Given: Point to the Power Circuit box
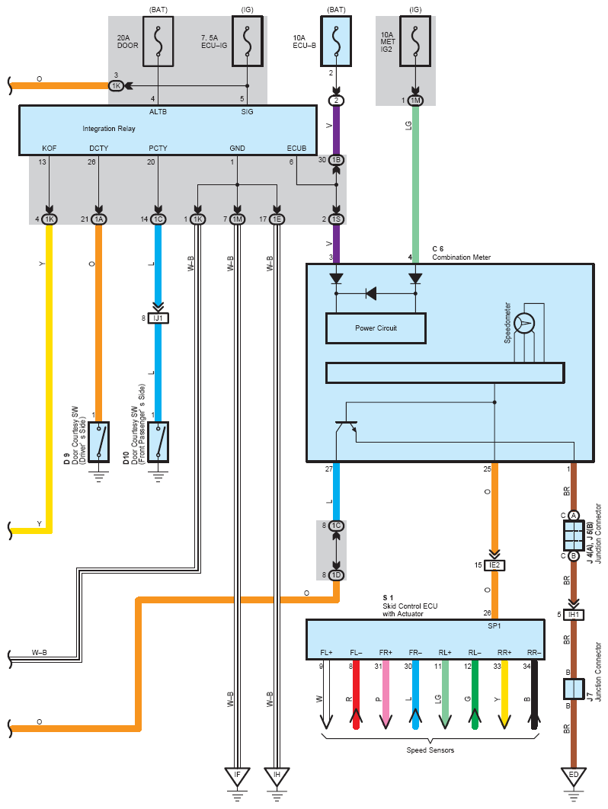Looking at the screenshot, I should pyautogui.click(x=376, y=328).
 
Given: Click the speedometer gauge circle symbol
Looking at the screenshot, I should pyautogui.click(x=525, y=323).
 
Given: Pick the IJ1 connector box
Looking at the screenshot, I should pyautogui.click(x=158, y=318).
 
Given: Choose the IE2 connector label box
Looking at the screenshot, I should pyautogui.click(x=494, y=565).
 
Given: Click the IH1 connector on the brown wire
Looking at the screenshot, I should pyautogui.click(x=574, y=615).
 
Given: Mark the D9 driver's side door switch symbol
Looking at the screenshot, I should pyautogui.click(x=99, y=441).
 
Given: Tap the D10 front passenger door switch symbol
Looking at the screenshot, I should pyautogui.click(x=158, y=441).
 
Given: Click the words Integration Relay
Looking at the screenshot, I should pyautogui.click(x=108, y=129).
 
